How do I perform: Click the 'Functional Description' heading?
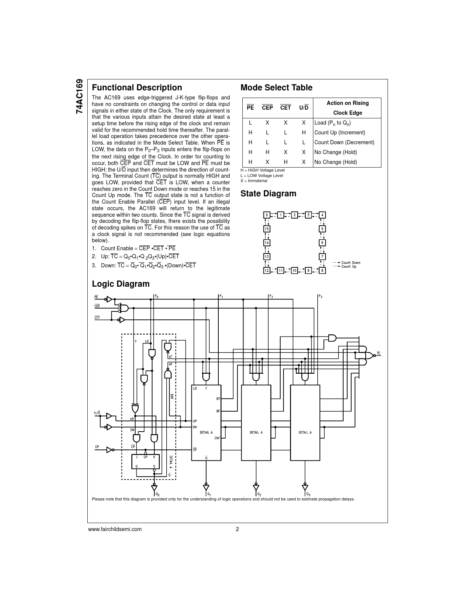[x=137, y=87]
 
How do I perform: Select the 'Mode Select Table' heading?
[x=276, y=87]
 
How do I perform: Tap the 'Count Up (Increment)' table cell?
[x=340, y=133]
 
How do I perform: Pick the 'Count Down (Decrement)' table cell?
[x=344, y=142]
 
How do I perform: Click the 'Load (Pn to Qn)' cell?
[x=333, y=123]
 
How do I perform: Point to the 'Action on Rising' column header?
[x=348, y=103]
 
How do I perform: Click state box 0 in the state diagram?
[x=267, y=215]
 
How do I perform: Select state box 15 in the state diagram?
[x=267, y=229]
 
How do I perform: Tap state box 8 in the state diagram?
[x=322, y=271]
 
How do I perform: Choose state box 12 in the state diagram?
[x=267, y=271]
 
